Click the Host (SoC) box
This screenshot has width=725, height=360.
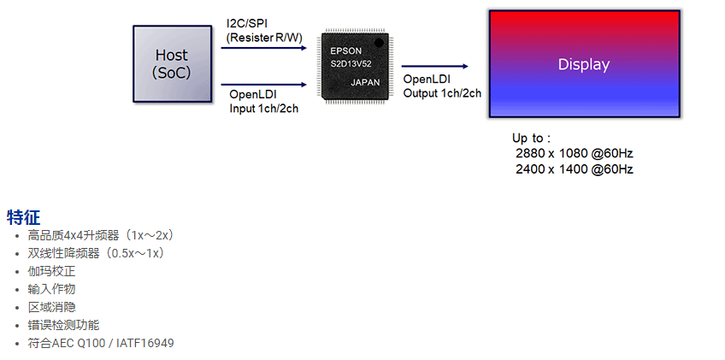pos(172,64)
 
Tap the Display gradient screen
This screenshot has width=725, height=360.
pos(584,64)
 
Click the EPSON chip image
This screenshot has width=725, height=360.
pos(353,67)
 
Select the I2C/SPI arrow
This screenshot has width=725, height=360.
pos(263,48)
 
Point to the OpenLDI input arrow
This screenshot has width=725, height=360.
pos(263,85)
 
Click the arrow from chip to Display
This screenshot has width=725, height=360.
pos(434,66)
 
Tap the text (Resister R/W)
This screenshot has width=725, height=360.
pos(262,37)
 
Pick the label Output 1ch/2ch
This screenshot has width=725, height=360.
pos(442,93)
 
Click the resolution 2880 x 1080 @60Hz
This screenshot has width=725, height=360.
pos(574,153)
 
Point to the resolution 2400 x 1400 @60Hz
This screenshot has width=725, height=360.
pos(574,169)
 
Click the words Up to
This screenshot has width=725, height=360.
pos(531,138)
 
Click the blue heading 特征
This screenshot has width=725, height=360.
pos(23,217)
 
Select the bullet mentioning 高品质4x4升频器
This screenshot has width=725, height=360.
pos(101,235)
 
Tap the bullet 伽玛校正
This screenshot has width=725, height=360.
pos(51,271)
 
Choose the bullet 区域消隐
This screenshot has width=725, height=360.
pos(51,307)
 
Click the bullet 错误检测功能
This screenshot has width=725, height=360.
pos(63,325)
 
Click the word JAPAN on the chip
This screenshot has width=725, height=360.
pos(367,82)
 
